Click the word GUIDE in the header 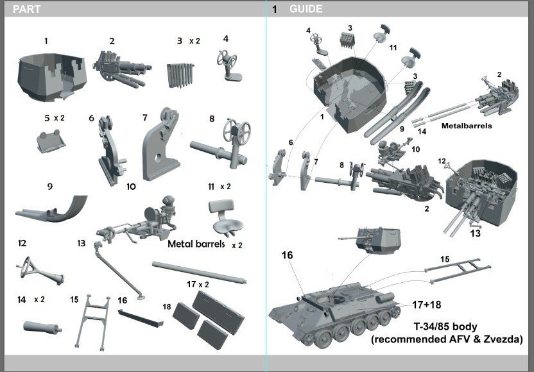[306, 9]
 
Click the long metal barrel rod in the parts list [199, 271]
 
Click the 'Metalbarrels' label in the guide [467, 126]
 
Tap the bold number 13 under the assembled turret [476, 233]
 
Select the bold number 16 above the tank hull [287, 255]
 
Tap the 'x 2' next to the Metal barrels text [236, 245]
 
